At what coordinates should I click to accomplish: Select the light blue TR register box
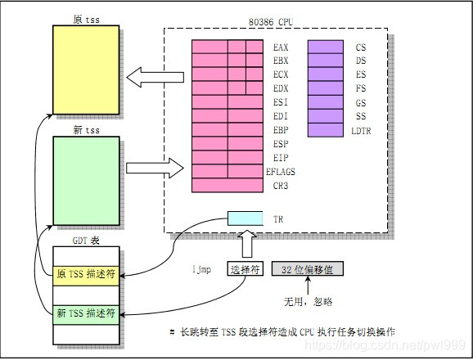click(247, 219)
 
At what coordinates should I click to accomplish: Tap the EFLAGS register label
click(281, 172)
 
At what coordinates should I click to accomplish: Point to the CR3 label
click(281, 186)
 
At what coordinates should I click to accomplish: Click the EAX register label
click(281, 47)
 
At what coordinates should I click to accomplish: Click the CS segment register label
click(361, 47)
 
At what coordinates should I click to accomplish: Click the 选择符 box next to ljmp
click(246, 268)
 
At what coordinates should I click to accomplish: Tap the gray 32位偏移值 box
click(308, 268)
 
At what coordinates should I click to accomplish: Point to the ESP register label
click(281, 144)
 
